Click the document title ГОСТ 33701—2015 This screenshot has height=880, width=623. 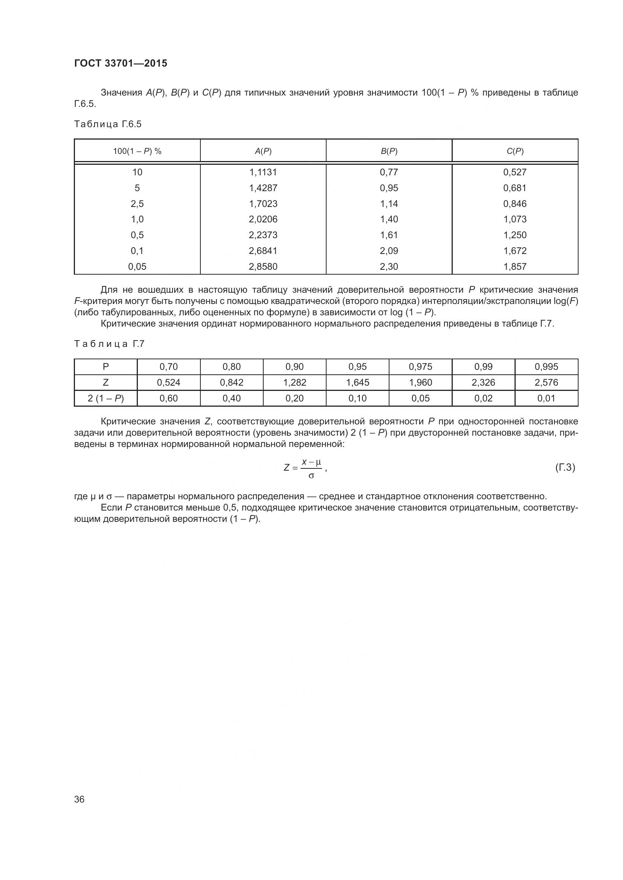pyautogui.click(x=121, y=63)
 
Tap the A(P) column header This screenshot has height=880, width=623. pyautogui.click(x=263, y=151)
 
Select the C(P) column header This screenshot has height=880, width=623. pyautogui.click(x=515, y=151)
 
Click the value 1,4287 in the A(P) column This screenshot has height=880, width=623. pyautogui.click(x=263, y=188)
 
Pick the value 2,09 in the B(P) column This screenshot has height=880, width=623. pyautogui.click(x=389, y=251)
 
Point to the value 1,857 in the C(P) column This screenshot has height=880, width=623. pyautogui.click(x=515, y=266)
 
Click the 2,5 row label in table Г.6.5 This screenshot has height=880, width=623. pyautogui.click(x=137, y=204)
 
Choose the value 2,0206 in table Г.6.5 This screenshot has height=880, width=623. pyautogui.click(x=263, y=219)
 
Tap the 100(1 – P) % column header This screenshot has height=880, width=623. pyautogui.click(x=137, y=151)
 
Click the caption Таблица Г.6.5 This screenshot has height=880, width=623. pyautogui.click(x=108, y=124)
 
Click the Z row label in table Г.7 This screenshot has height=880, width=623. pyautogui.click(x=105, y=382)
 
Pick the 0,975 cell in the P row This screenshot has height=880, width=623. pyautogui.click(x=420, y=366)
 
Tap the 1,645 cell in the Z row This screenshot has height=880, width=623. pyautogui.click(x=357, y=382)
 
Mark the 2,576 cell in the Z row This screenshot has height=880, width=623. pyautogui.click(x=546, y=382)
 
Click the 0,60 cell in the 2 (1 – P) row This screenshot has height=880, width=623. pyautogui.click(x=168, y=398)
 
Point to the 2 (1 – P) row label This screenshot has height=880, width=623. pyautogui.click(x=105, y=398)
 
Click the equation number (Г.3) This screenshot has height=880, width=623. pyautogui.click(x=565, y=467)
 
